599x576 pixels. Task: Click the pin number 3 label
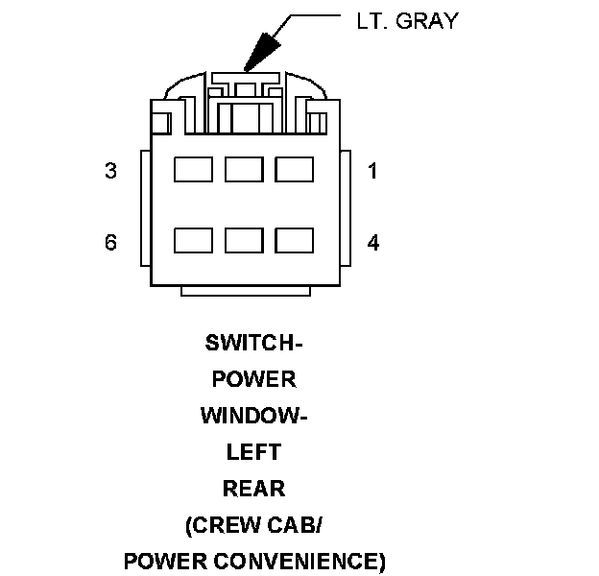tap(111, 172)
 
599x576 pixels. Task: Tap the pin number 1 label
tap(372, 172)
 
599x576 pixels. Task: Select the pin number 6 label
tap(111, 242)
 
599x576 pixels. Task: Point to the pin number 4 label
tap(372, 242)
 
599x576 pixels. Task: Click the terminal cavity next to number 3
tap(192, 170)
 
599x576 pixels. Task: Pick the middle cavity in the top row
tap(244, 170)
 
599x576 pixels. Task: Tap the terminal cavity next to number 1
tap(294, 170)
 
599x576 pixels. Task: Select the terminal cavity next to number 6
tap(192, 240)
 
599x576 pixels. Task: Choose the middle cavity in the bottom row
tap(244, 240)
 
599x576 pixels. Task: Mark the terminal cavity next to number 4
tap(294, 240)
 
